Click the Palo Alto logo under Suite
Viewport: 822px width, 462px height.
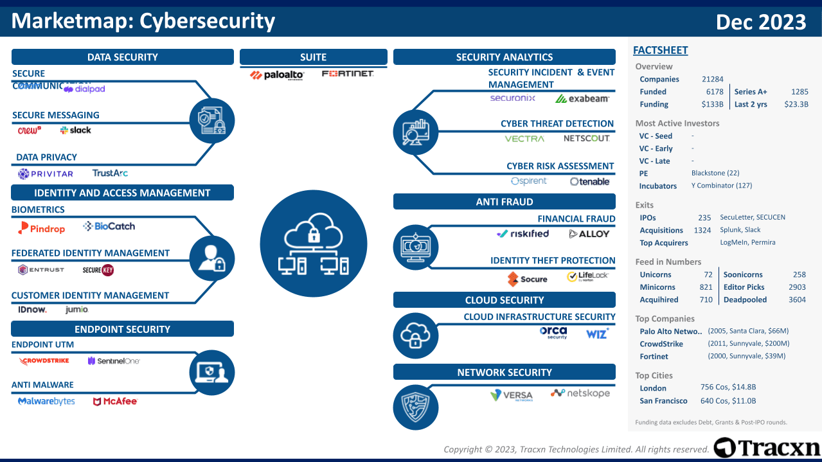[x=277, y=75]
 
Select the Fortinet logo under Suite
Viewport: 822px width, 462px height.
[x=348, y=74]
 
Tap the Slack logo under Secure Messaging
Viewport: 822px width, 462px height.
[x=76, y=130]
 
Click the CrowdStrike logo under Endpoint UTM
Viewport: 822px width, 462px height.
[x=44, y=361]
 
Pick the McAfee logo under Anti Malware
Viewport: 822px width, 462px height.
[x=116, y=402]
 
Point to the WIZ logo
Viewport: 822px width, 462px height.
[x=597, y=333]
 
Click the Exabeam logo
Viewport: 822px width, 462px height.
[x=582, y=99]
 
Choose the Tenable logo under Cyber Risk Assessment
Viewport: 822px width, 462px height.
[x=590, y=182]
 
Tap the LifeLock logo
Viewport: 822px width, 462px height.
[x=587, y=277]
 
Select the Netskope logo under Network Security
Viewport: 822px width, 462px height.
[x=580, y=393]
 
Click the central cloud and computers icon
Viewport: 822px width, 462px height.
[x=314, y=244]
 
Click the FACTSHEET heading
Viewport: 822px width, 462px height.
[x=660, y=50]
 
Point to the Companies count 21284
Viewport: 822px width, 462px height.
[x=712, y=79]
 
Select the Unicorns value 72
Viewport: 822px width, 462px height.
[x=708, y=274]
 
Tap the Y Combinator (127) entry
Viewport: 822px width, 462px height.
[x=721, y=186]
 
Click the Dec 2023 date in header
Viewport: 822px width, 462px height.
[x=761, y=22]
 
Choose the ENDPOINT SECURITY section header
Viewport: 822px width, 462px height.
[x=122, y=330]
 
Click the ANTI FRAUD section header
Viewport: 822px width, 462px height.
[x=505, y=202]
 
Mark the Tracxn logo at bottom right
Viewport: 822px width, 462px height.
[x=767, y=448]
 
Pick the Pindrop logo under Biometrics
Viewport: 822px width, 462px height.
[x=41, y=227]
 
